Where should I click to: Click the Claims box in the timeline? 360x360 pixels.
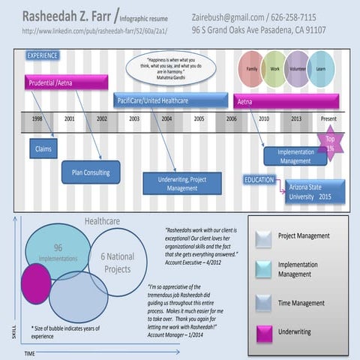(42, 148)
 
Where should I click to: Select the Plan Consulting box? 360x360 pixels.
(91, 172)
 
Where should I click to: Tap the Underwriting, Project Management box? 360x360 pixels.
(182, 184)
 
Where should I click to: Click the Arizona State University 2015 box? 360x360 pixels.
(314, 191)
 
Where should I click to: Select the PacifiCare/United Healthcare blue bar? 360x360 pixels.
(171, 100)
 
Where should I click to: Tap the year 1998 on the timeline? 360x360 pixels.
(37, 118)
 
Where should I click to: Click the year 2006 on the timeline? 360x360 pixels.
(231, 118)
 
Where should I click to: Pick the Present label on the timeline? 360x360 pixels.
(328, 118)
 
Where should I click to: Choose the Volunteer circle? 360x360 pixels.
(298, 69)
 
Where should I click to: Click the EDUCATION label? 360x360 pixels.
(259, 180)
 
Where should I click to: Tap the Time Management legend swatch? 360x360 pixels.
(265, 302)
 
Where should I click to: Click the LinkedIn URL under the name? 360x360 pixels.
(95, 31)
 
